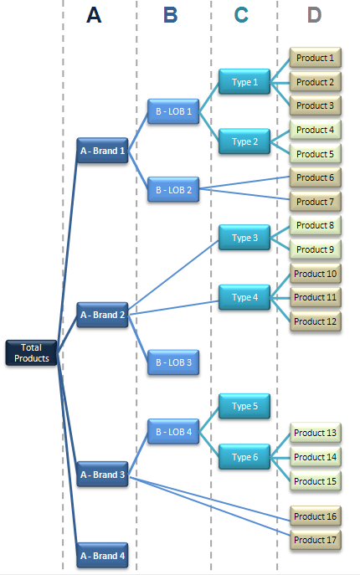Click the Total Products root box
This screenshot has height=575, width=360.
click(x=32, y=352)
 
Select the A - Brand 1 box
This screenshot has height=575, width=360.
click(x=102, y=151)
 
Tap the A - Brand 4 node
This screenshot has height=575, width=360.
click(x=102, y=556)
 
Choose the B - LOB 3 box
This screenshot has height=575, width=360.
click(x=173, y=362)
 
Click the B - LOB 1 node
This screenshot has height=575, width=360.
click(x=173, y=110)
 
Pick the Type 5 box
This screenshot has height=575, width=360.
click(x=244, y=406)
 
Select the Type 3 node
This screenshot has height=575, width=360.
click(x=244, y=238)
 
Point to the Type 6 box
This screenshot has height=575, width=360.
click(x=244, y=456)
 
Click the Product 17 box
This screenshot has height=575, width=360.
click(x=315, y=540)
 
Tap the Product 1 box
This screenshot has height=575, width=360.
click(x=315, y=59)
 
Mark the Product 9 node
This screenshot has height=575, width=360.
click(x=315, y=249)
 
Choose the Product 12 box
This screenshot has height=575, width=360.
click(x=315, y=321)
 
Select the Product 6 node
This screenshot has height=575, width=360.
click(x=315, y=177)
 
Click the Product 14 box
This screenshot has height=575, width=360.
click(x=315, y=457)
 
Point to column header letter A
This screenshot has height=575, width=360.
click(x=94, y=15)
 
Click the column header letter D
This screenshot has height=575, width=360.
click(x=314, y=15)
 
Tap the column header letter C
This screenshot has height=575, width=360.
click(x=242, y=15)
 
